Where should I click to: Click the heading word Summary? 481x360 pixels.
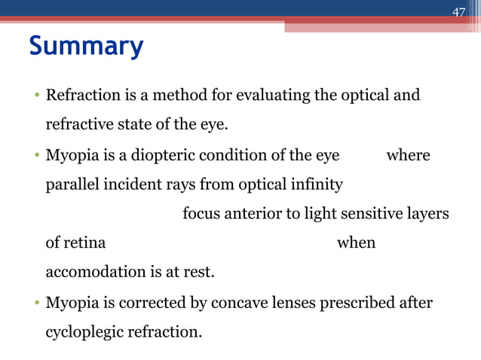(x=85, y=47)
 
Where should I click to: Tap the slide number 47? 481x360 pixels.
(x=458, y=11)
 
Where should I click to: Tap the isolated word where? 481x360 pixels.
(x=408, y=155)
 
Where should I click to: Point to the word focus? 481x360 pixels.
(x=201, y=214)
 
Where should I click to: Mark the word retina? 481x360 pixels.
(x=84, y=243)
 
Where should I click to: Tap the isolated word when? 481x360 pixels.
(x=356, y=243)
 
